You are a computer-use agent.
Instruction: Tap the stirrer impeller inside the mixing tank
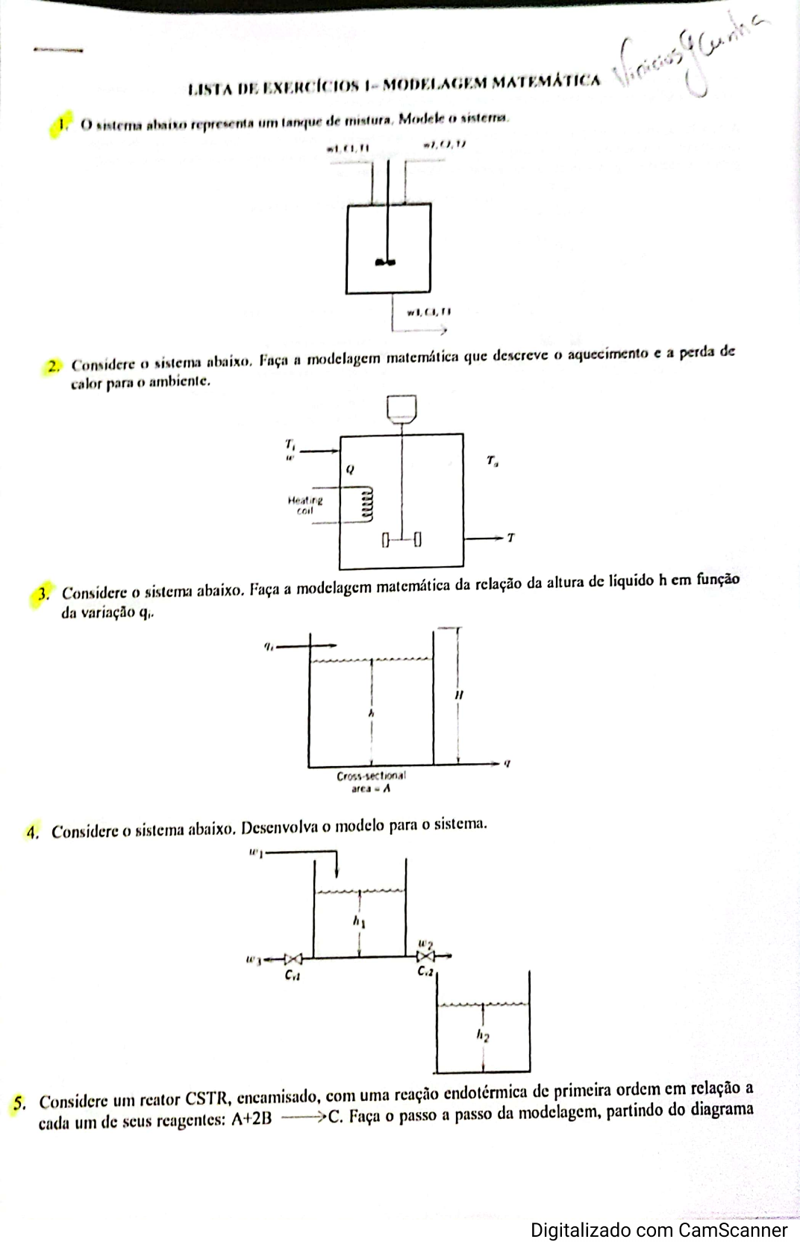[x=385, y=260]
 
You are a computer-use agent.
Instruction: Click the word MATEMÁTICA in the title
[x=551, y=81]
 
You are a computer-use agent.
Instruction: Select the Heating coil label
[x=305, y=505]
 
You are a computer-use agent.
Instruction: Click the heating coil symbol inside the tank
[x=366, y=505]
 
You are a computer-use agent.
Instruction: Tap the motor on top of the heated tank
[x=401, y=410]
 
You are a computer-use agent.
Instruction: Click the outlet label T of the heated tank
[x=510, y=537]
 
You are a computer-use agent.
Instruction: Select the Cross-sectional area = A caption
[x=371, y=781]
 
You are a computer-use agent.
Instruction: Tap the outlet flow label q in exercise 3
[x=507, y=762]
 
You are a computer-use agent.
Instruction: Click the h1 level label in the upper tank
[x=359, y=922]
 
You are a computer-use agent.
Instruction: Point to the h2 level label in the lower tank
[x=484, y=1035]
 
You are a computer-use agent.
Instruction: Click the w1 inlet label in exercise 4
[x=255, y=853]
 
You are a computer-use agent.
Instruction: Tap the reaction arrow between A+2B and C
[x=301, y=1117]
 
